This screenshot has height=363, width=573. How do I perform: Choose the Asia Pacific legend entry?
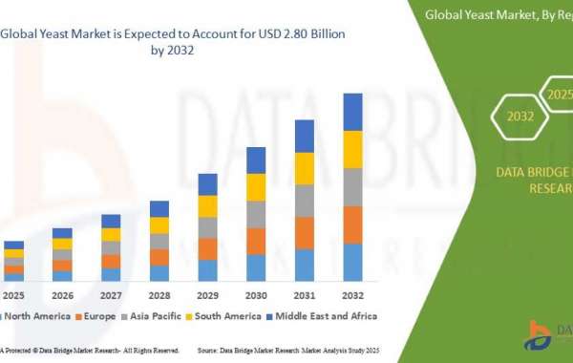169,315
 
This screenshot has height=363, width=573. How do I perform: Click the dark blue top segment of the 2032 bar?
352,112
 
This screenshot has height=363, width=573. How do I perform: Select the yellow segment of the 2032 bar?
352,149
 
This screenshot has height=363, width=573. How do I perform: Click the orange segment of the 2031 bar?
305,233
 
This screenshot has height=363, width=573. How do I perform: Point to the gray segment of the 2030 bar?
256,214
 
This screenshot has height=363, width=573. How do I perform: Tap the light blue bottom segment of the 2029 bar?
207,270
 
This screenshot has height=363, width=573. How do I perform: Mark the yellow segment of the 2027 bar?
111,234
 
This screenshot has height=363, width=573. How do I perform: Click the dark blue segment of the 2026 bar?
62,233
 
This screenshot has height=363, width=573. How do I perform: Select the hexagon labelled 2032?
520,117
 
